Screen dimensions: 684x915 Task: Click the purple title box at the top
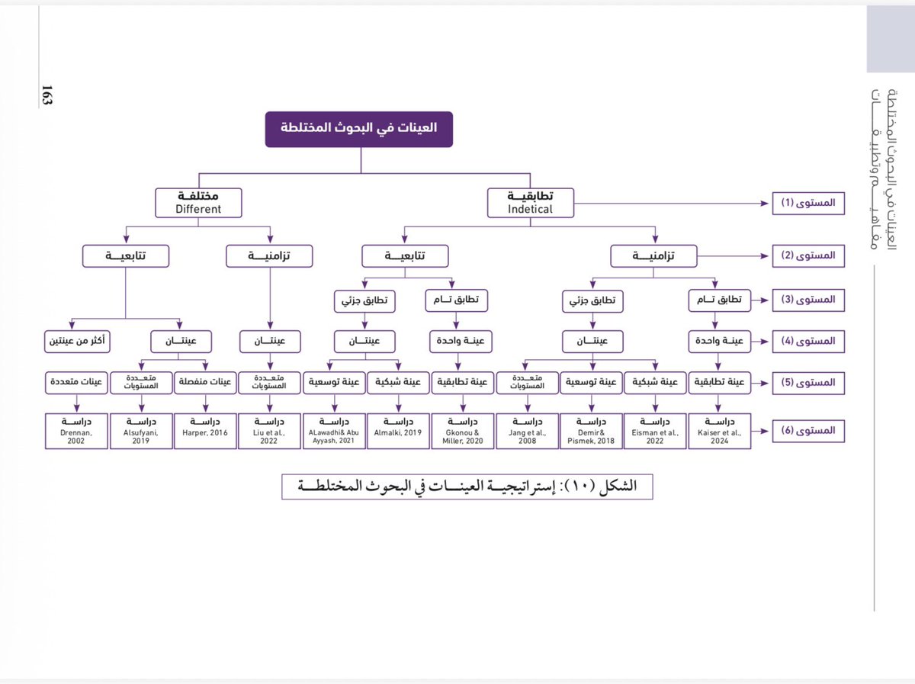pos(358,129)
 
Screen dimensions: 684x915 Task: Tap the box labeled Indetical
pos(531,202)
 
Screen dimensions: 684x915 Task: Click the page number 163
pos(47,95)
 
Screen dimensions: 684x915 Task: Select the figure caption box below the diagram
pos(467,487)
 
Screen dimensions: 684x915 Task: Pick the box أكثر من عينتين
pos(76,340)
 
